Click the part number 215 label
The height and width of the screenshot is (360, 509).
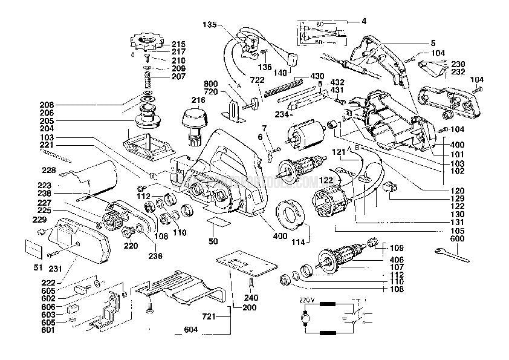[x=178, y=44]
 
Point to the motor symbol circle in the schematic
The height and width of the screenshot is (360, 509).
[x=306, y=316]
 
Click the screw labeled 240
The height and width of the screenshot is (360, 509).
[x=252, y=284]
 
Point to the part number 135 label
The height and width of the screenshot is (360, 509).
[x=210, y=25]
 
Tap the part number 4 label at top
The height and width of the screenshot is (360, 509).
[x=364, y=21]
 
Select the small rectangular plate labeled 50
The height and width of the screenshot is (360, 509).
[x=216, y=223]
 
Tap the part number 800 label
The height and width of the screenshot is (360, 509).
[x=210, y=83]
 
